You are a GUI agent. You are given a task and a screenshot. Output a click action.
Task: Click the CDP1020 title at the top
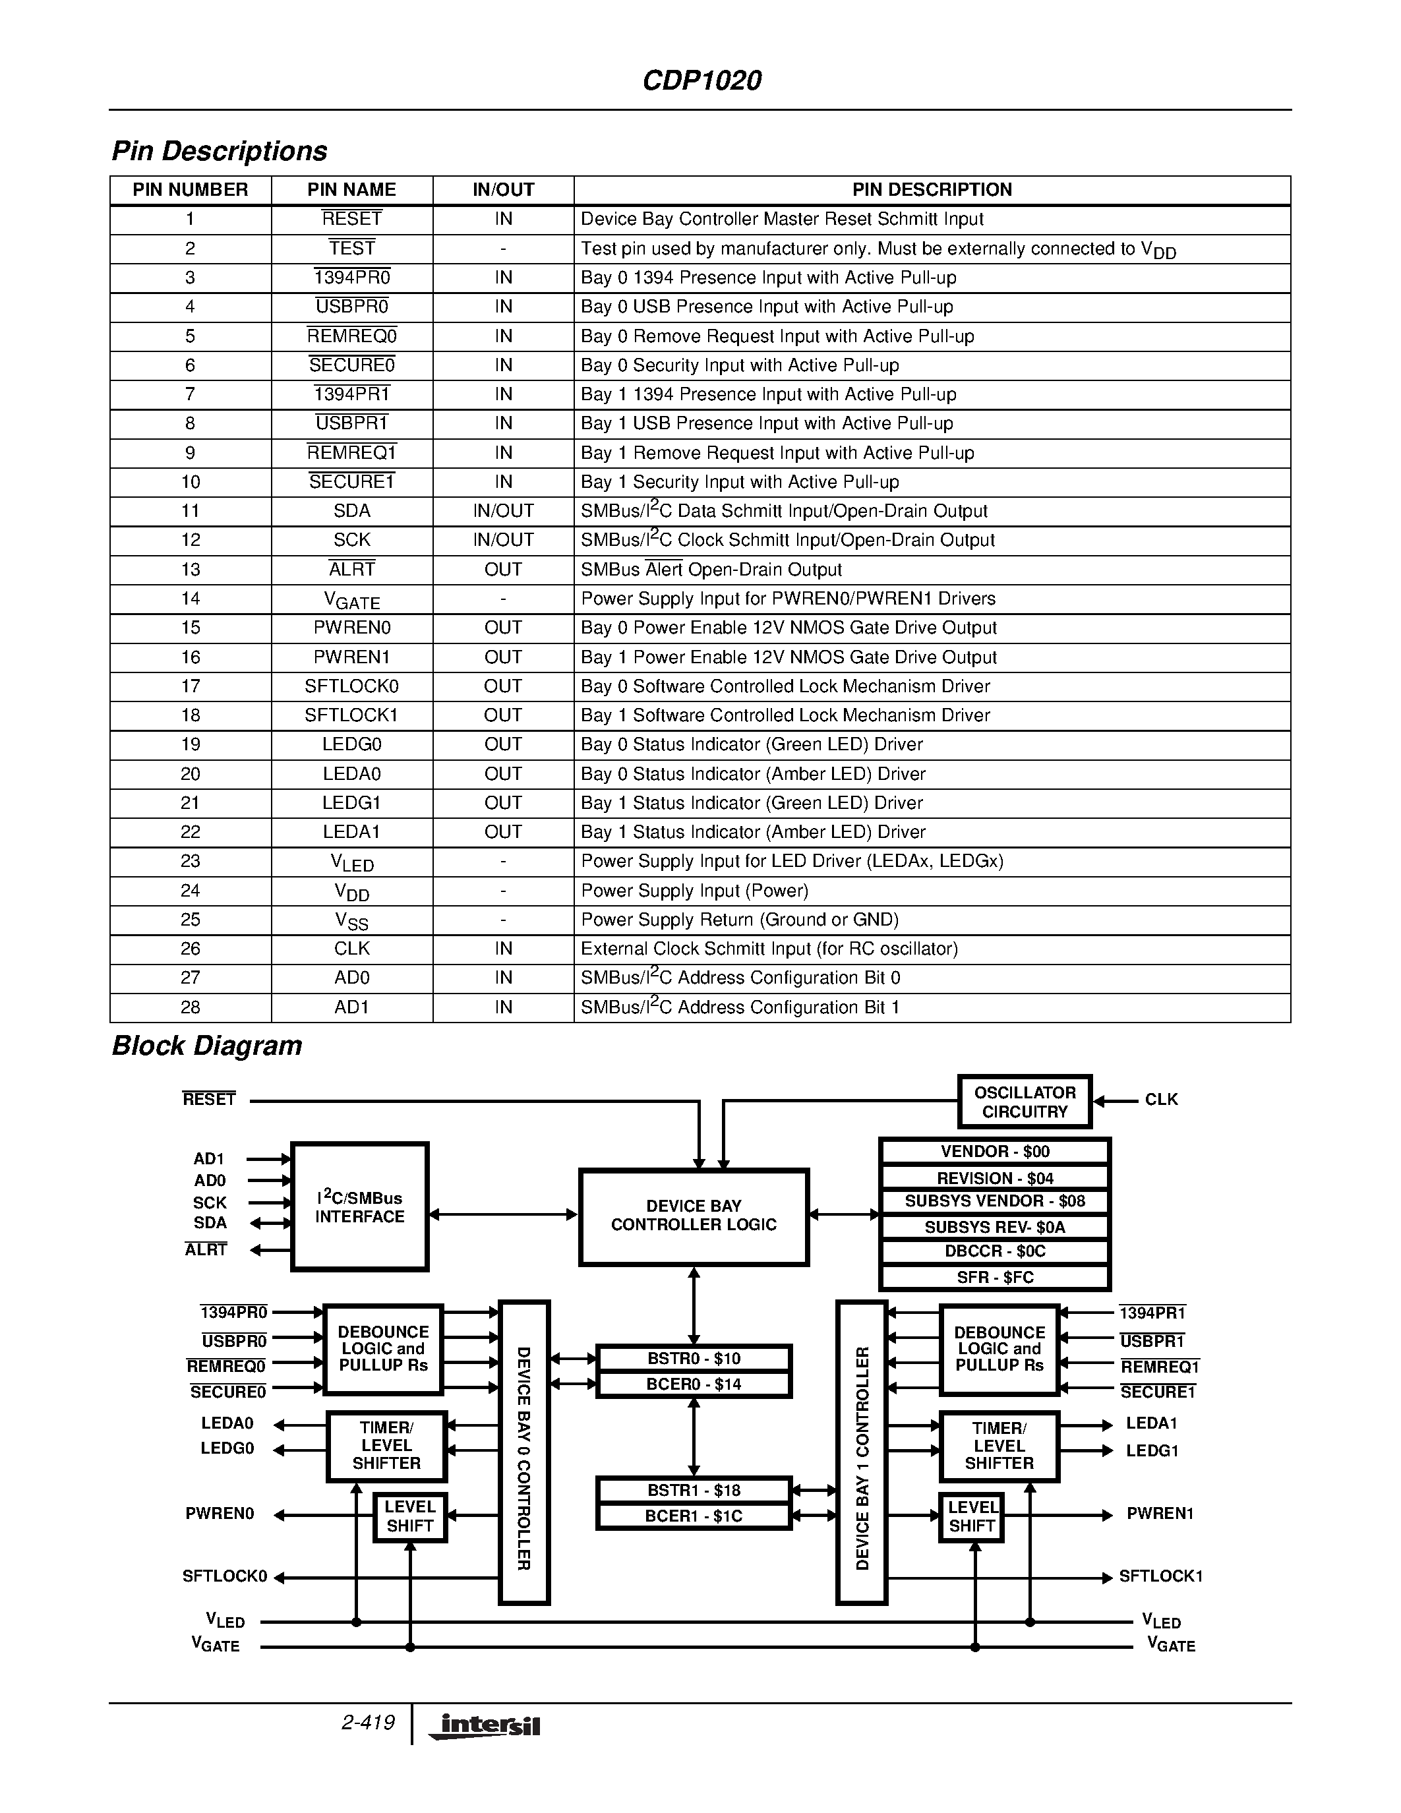(701, 80)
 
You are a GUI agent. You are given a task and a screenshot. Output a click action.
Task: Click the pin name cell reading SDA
(352, 512)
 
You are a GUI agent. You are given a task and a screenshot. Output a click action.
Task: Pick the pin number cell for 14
(190, 599)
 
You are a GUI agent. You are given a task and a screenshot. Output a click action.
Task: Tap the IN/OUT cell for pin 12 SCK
(503, 541)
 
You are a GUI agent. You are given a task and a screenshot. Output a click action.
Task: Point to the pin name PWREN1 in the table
(352, 657)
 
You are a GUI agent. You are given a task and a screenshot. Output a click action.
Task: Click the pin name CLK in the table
(352, 949)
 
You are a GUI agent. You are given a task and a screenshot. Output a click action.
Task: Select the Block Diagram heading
(206, 1046)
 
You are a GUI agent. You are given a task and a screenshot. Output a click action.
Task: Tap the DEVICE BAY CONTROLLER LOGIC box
(693, 1216)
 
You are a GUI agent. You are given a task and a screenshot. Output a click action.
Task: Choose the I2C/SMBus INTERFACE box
(359, 1207)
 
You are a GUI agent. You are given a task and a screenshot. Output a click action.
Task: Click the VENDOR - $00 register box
(994, 1151)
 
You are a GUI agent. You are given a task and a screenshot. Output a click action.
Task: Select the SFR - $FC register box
(994, 1278)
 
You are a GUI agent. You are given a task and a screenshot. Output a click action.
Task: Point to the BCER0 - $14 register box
(693, 1384)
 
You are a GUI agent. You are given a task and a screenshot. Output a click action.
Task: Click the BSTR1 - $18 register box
(693, 1490)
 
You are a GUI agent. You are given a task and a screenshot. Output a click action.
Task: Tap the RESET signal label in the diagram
(209, 1100)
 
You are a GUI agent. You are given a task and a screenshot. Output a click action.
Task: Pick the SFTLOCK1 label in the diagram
(1160, 1576)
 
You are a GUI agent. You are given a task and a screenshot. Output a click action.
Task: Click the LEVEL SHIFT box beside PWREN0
(410, 1516)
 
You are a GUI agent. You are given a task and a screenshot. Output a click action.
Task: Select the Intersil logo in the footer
(485, 1726)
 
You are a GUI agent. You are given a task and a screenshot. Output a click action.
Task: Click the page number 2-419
(368, 1723)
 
